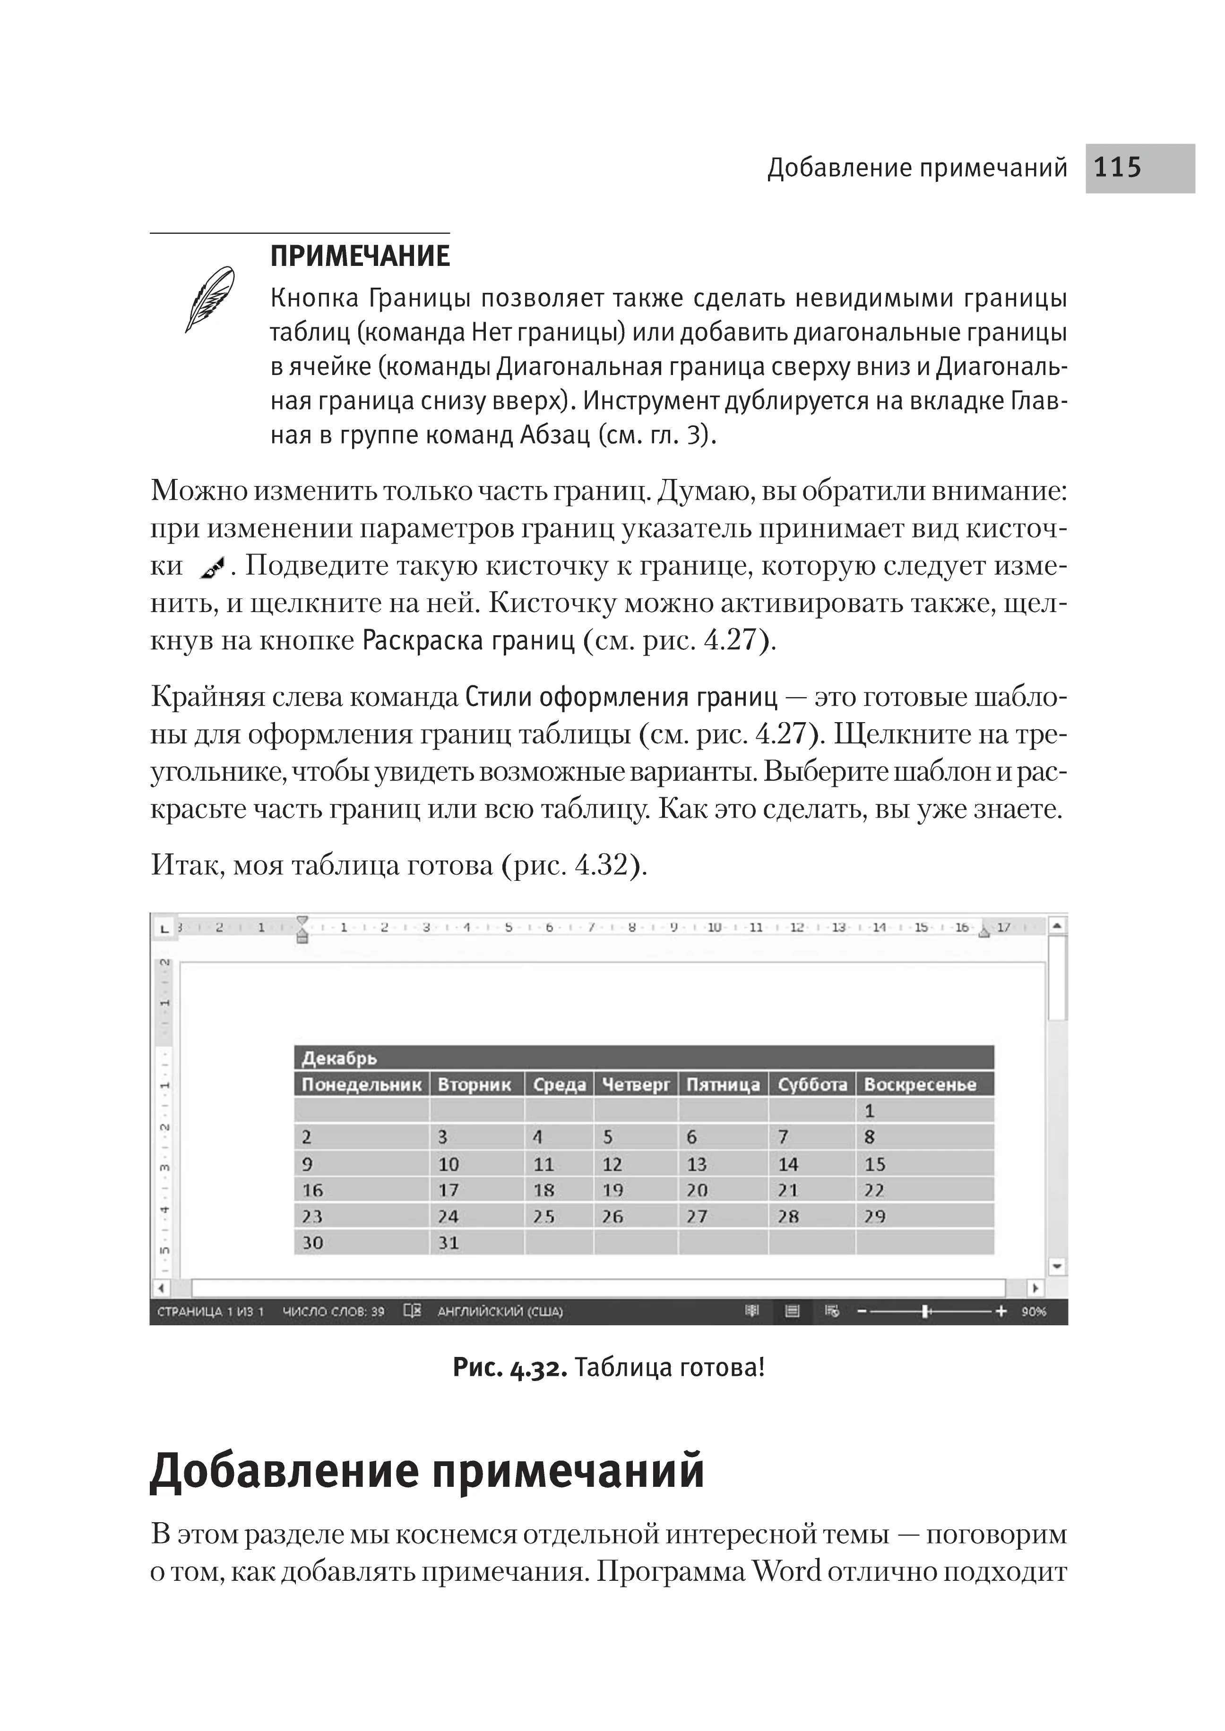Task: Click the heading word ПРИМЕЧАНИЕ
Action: (x=360, y=256)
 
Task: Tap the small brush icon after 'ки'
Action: (x=214, y=567)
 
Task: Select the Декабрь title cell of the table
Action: (x=339, y=1058)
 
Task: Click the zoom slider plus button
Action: (x=1001, y=1312)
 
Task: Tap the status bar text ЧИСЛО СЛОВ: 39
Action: (x=333, y=1312)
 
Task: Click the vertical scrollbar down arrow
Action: (x=1058, y=1267)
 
